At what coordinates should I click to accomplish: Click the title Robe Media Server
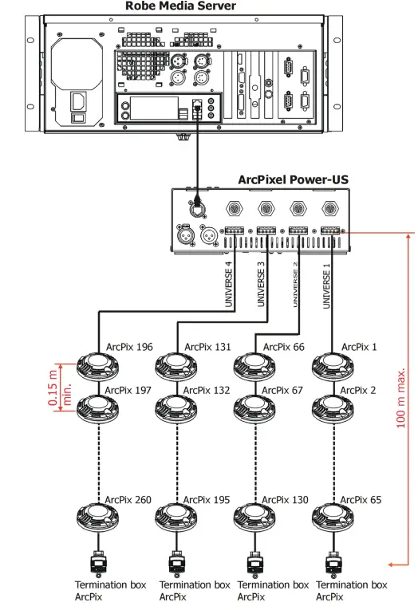180,7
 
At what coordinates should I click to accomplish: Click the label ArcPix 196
129,347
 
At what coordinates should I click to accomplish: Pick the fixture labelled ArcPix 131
175,368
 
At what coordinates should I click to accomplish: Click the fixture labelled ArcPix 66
254,368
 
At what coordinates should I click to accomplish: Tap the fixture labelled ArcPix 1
332,368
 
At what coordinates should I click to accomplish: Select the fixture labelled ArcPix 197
97,410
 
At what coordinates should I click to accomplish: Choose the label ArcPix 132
207,390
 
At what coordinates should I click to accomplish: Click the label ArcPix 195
207,500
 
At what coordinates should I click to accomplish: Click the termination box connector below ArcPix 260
97,564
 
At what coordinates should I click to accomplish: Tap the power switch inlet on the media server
79,108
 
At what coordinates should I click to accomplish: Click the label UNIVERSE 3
261,285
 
